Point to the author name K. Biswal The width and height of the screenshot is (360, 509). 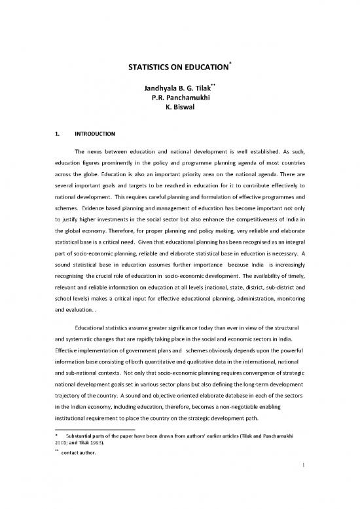point(179,112)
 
